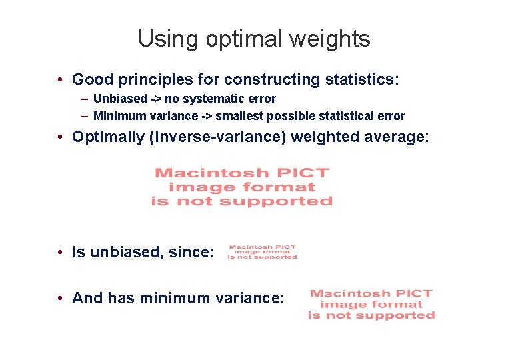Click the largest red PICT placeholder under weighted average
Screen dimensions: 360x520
pyautogui.click(x=241, y=187)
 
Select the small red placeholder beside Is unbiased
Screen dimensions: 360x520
pyautogui.click(x=262, y=252)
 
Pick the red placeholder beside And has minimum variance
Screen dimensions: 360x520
pyautogui.click(x=371, y=304)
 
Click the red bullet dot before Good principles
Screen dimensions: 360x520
pyautogui.click(x=60, y=80)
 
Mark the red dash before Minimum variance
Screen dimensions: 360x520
pyautogui.click(x=85, y=116)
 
